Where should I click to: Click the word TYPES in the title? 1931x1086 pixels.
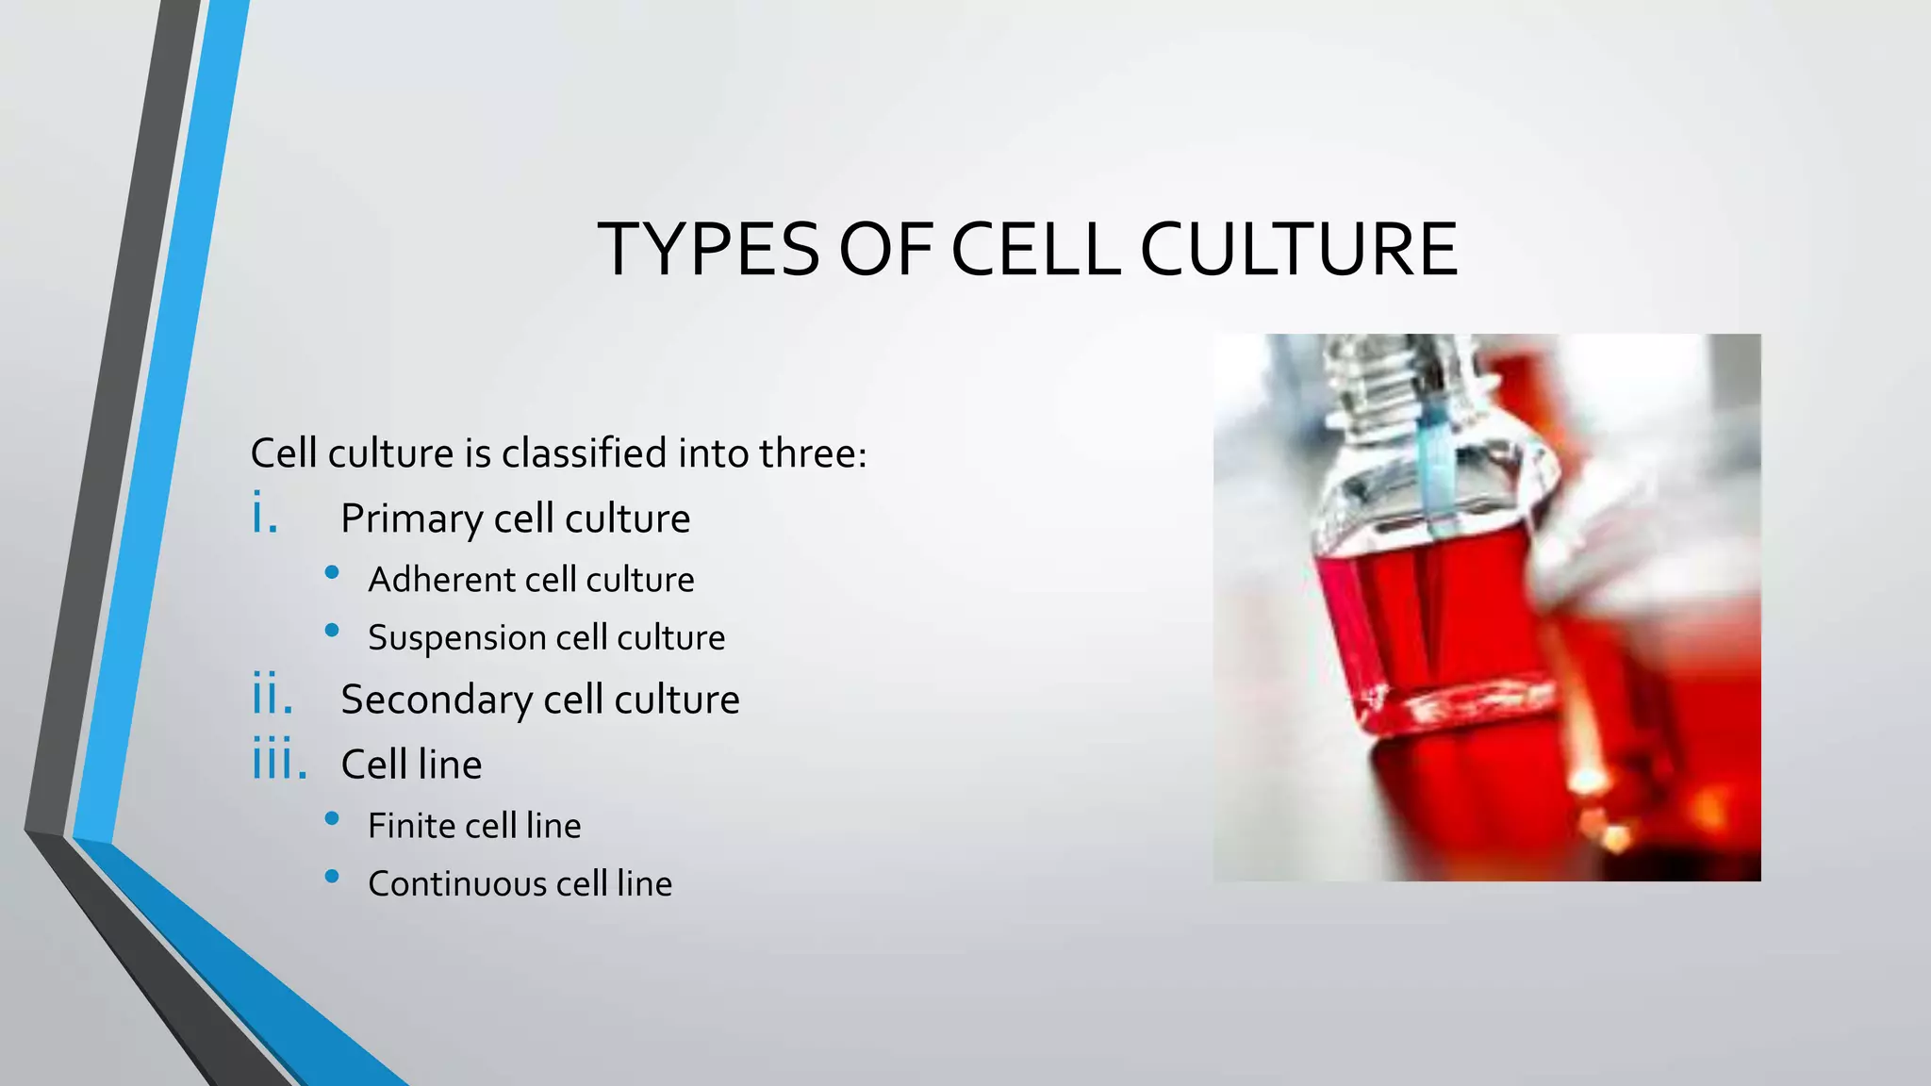click(709, 250)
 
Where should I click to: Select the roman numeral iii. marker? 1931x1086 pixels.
click(279, 760)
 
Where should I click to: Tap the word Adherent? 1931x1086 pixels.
click(428, 580)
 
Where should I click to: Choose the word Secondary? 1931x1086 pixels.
click(437, 699)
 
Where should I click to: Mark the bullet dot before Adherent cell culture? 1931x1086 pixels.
click(332, 572)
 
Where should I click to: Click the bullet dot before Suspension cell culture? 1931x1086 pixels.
click(332, 631)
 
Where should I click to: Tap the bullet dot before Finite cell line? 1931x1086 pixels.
click(332, 818)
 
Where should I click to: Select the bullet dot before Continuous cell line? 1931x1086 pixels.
click(332, 877)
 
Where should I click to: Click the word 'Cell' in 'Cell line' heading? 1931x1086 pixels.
click(374, 765)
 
